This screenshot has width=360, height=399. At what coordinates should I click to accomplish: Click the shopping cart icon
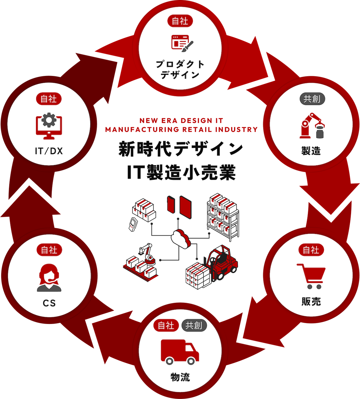[x=311, y=276]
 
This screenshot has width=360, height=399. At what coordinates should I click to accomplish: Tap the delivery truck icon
[x=180, y=352]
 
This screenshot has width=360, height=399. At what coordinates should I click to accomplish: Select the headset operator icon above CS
[x=49, y=278]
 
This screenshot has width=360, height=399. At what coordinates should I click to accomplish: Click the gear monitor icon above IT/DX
[x=49, y=126]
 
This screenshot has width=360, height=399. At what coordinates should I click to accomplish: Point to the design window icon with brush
[x=182, y=42]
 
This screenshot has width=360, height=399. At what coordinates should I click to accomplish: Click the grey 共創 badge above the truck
[x=194, y=325]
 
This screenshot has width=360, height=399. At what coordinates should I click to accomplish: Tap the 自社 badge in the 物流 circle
[x=166, y=325]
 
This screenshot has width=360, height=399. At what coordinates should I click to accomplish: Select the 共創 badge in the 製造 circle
[x=312, y=99]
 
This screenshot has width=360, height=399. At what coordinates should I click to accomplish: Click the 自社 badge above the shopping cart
[x=311, y=250]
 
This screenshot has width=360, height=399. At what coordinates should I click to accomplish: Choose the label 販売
[x=311, y=301]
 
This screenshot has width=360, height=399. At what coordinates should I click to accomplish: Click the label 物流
[x=180, y=377]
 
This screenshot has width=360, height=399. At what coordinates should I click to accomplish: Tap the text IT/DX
[x=49, y=151]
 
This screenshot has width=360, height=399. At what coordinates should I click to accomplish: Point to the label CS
[x=49, y=303]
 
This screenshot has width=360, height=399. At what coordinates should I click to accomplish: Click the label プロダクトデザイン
[x=180, y=69]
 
